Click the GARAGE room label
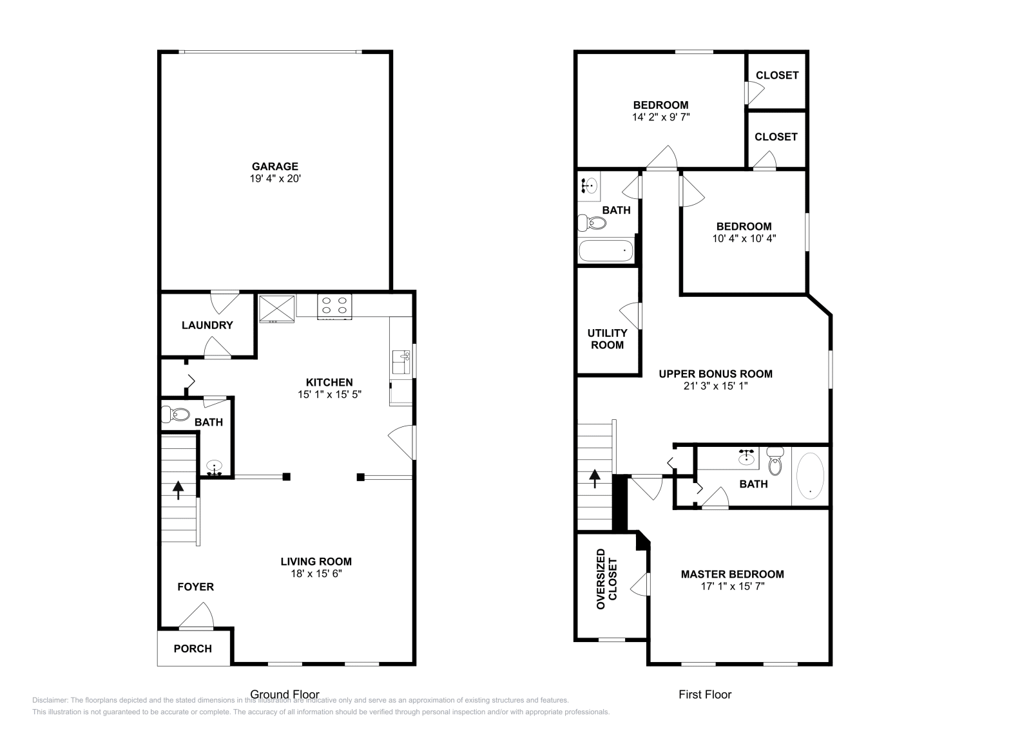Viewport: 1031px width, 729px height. tap(275, 166)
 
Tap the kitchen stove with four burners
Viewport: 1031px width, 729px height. tap(335, 306)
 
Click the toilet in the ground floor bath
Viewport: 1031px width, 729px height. tap(176, 413)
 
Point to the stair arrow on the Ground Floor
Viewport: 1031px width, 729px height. tap(177, 489)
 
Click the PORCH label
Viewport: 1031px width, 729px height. tap(193, 649)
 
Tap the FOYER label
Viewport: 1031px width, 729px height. tap(196, 587)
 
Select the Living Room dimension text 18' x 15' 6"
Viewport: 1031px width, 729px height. tap(316, 573)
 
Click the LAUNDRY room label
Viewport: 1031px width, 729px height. tap(207, 325)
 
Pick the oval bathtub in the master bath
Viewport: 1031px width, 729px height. tap(810, 476)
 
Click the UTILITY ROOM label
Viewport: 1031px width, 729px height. tap(607, 339)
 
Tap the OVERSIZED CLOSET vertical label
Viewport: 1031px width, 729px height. tap(606, 579)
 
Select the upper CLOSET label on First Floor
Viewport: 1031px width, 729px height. tap(777, 75)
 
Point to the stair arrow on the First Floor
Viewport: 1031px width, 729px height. tap(594, 478)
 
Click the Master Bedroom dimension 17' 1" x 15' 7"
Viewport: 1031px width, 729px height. tap(733, 586)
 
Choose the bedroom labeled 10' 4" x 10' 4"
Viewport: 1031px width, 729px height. tap(744, 232)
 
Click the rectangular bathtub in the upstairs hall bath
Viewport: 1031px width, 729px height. tap(606, 251)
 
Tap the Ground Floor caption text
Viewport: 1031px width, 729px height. tap(285, 694)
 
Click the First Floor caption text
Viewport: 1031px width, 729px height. tap(705, 694)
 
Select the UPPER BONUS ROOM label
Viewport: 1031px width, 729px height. tap(715, 374)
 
